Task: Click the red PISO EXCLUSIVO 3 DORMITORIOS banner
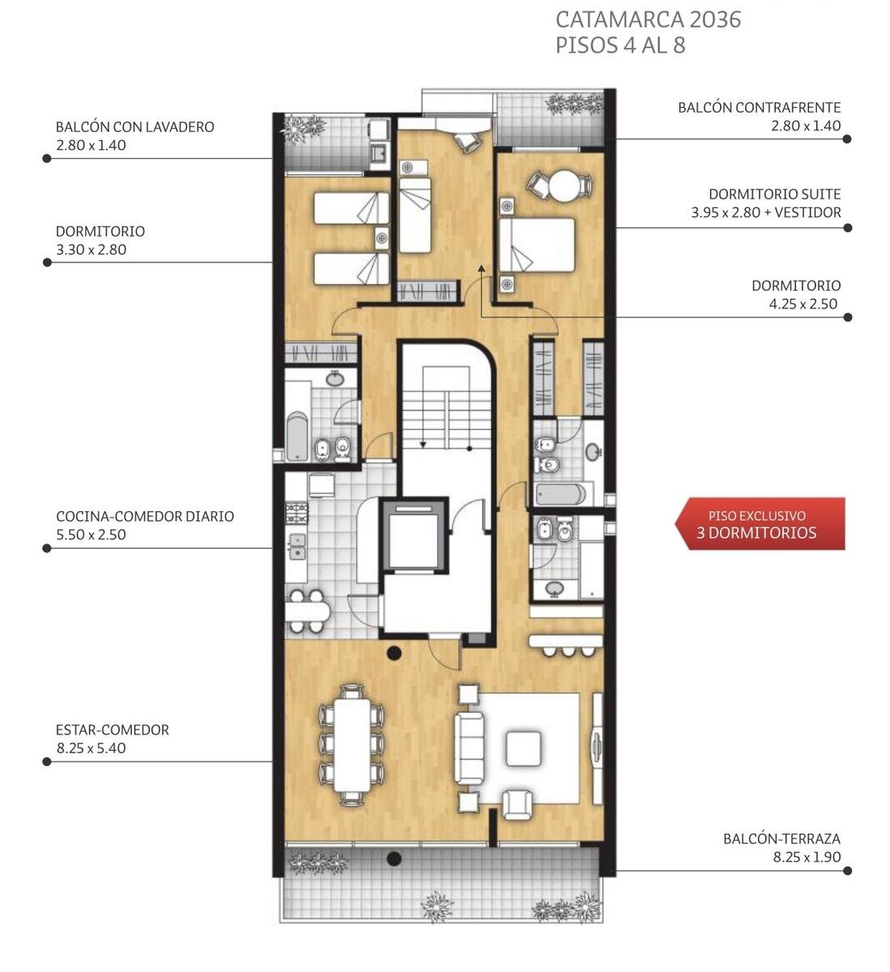[x=760, y=524]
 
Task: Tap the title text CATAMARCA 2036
[x=648, y=20]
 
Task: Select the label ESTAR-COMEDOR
[x=113, y=729]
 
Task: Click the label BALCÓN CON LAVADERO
[x=134, y=126]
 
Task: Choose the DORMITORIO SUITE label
[x=775, y=194]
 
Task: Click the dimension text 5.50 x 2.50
[x=91, y=535]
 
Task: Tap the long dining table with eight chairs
[x=351, y=744]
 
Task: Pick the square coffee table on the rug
[x=523, y=748]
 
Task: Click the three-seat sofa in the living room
[x=469, y=748]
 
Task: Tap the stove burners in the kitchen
[x=296, y=514]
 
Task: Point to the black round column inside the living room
[x=394, y=654]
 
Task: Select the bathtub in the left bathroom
[x=297, y=436]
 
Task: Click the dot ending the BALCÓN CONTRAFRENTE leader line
[x=847, y=139]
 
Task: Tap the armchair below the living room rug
[x=517, y=804]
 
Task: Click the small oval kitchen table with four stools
[x=307, y=611]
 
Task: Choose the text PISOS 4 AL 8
[x=620, y=45]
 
